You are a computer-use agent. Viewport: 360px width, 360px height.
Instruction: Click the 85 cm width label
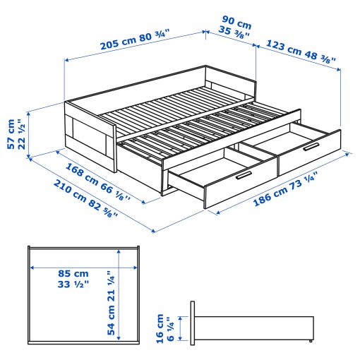(73, 273)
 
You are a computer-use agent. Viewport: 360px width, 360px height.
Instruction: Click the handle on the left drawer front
(242, 175)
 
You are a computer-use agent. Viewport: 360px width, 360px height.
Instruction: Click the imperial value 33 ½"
(73, 284)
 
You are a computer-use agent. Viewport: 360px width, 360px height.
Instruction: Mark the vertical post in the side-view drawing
(191, 323)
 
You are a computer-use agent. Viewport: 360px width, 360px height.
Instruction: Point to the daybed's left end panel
(90, 134)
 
